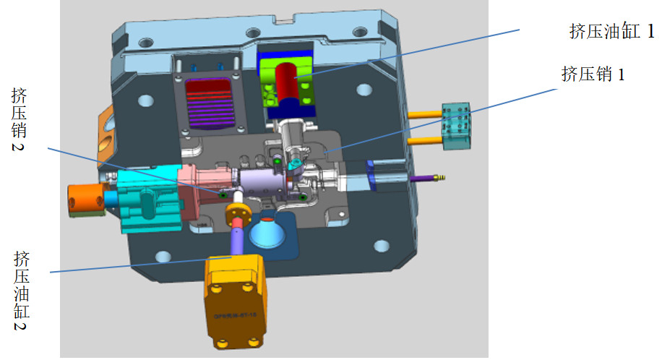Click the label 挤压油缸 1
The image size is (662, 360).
(611, 31)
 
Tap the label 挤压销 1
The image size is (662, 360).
(593, 74)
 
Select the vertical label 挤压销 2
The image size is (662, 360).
(19, 119)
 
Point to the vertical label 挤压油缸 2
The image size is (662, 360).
(22, 291)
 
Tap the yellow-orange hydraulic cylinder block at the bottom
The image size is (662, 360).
(236, 301)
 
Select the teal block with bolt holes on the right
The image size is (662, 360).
(457, 126)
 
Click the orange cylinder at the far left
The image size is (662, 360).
(87, 200)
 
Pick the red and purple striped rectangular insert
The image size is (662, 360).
(210, 103)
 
